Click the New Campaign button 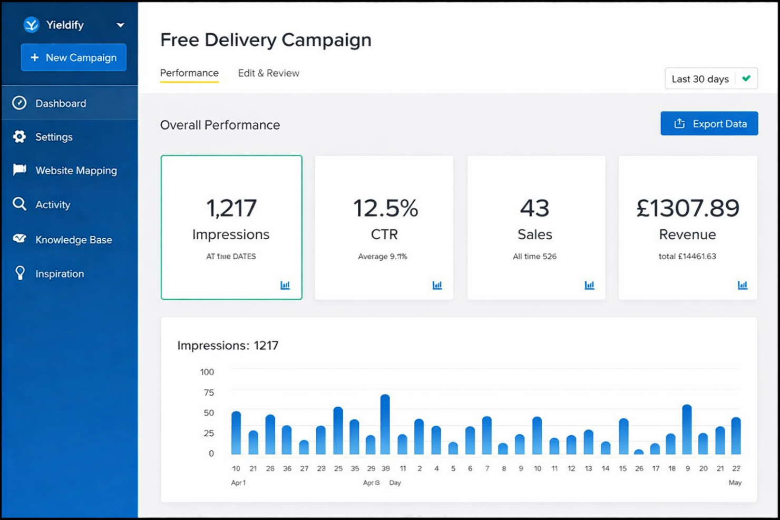pos(73,57)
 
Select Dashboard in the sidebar pos(61,103)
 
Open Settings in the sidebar pos(54,137)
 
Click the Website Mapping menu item pos(76,171)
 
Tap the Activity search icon pos(19,204)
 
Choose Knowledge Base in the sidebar pos(73,240)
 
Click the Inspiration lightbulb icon pos(20,273)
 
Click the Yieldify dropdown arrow pos(120,25)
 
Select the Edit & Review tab pos(268,73)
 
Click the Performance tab pos(189,73)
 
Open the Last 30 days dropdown pos(710,79)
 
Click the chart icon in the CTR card pos(437,285)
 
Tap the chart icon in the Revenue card pos(742,285)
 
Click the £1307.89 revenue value pos(688,208)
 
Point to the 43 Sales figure pos(534,208)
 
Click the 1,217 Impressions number pos(231,208)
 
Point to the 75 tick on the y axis pos(209,393)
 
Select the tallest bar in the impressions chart pos(385,424)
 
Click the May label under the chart pos(735,483)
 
